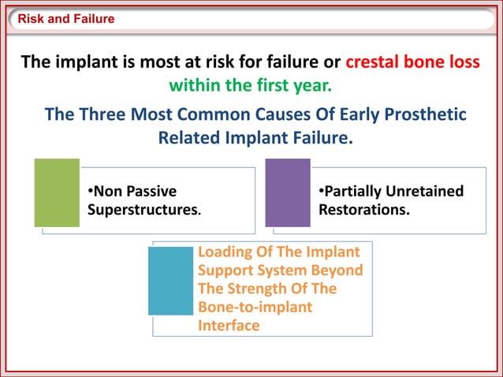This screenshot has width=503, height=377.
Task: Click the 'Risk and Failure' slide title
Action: coord(66,19)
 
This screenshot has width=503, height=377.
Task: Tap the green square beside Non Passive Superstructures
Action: coord(57,192)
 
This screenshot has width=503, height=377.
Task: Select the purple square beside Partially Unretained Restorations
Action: coord(288,192)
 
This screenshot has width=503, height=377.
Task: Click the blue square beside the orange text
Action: coord(170,281)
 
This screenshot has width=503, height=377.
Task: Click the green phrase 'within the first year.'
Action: coord(251,84)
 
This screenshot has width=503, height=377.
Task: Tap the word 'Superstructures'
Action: coord(142,211)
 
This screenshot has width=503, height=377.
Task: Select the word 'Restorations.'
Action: coord(363,211)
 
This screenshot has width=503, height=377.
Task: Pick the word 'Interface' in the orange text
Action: coord(229,325)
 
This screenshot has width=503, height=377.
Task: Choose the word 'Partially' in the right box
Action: coord(353,192)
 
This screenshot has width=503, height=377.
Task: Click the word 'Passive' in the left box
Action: coord(151,192)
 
